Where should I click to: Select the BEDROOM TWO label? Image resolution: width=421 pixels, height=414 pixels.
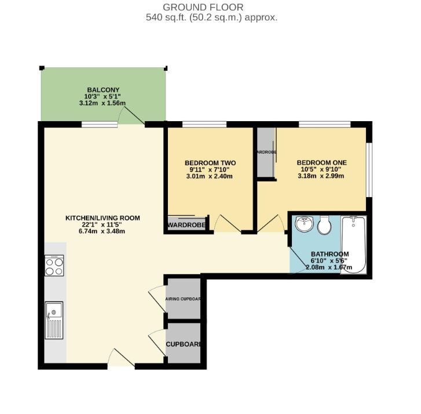click(x=208, y=163)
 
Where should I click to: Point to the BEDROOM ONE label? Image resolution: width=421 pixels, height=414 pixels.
click(x=320, y=163)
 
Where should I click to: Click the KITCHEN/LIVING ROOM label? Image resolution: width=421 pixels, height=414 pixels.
click(x=102, y=218)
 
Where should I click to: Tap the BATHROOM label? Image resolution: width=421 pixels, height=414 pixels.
click(x=330, y=254)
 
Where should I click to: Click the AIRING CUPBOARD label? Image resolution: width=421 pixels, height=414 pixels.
click(x=183, y=299)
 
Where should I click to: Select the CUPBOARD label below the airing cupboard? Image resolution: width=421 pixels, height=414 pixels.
click(x=183, y=344)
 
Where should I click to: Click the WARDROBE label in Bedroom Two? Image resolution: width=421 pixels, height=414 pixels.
click(x=186, y=225)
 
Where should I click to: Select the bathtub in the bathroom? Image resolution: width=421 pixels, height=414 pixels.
click(x=353, y=245)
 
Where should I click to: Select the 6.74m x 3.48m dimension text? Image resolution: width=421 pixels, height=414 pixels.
click(x=102, y=231)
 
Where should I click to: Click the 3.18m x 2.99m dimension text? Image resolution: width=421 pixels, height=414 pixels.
click(x=320, y=176)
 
